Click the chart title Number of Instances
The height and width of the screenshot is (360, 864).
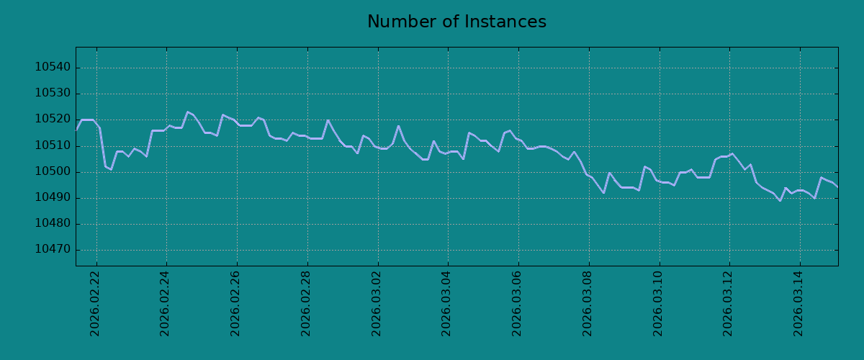point(456,22)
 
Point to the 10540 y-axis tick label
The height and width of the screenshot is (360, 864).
point(53,67)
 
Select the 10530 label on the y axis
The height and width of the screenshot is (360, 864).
point(53,93)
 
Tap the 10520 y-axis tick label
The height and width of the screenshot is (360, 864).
point(53,119)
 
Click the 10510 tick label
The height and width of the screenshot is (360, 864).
point(53,145)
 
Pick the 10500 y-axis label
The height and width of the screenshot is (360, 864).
point(53,171)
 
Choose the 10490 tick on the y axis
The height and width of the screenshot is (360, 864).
point(53,197)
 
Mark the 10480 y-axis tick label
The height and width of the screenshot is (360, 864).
point(53,223)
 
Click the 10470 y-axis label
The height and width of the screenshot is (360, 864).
point(53,249)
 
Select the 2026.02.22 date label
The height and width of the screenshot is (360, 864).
point(94,304)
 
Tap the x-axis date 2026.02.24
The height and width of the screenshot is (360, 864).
point(164,304)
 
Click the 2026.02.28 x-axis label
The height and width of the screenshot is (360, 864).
point(305,304)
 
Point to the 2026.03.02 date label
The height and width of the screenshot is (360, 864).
point(376,304)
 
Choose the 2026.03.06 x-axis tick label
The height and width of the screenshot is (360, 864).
point(516,304)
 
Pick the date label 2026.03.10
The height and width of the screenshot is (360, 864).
point(657,304)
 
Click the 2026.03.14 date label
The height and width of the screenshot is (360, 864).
point(798,304)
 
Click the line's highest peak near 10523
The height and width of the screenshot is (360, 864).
point(187,112)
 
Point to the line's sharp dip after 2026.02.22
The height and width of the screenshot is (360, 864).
point(111,169)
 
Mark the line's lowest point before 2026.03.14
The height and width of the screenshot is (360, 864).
point(780,201)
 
